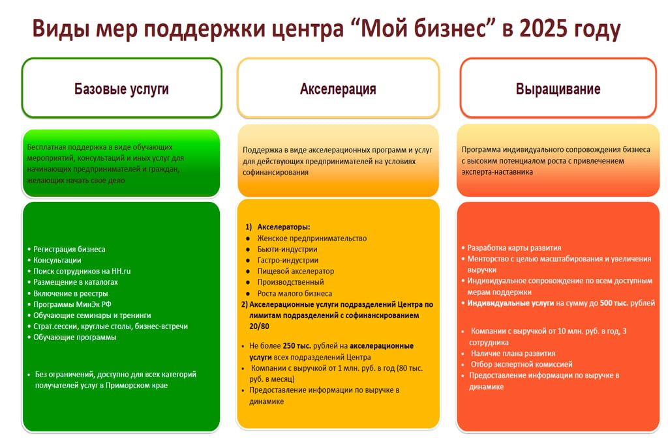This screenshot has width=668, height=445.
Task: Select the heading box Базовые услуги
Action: [x=122, y=88]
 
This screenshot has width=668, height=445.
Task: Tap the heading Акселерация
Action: [x=338, y=89]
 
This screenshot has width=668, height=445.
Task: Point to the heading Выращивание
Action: [x=558, y=89]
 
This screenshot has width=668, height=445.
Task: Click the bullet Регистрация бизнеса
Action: [x=69, y=250]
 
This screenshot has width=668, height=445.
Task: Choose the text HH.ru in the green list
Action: [x=121, y=271]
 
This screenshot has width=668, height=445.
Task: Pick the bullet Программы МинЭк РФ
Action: [x=72, y=304]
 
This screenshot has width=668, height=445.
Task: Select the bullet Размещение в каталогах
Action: [x=76, y=282]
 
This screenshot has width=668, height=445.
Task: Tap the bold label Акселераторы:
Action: [x=284, y=227]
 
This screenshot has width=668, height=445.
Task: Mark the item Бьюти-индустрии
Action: [x=287, y=250]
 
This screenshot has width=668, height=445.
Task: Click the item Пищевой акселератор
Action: [x=296, y=271]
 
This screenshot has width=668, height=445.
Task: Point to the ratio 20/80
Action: [x=259, y=326]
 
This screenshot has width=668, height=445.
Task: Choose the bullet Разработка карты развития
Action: [x=514, y=248]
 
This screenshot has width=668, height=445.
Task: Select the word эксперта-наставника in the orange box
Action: [x=497, y=172]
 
